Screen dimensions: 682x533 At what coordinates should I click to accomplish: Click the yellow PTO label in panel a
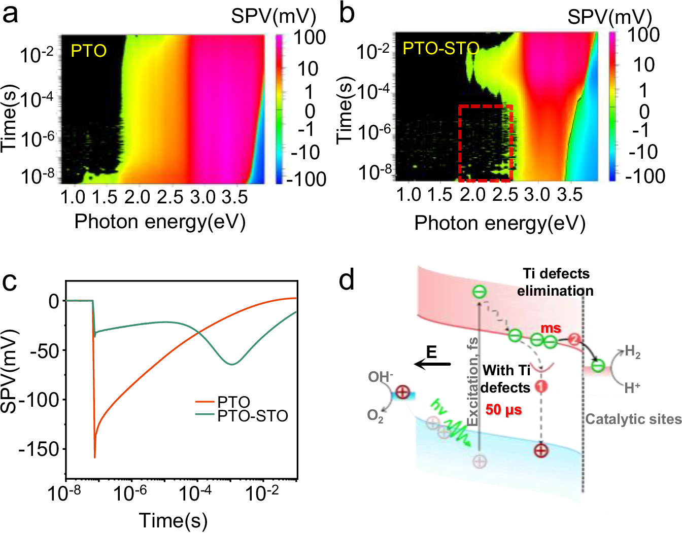[89, 51]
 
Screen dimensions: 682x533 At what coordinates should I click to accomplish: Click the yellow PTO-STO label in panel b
[441, 49]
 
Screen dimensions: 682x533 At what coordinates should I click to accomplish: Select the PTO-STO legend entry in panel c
[242, 416]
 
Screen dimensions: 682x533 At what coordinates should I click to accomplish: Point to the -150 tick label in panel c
[39, 449]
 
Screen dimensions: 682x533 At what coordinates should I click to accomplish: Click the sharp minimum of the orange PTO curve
[94, 457]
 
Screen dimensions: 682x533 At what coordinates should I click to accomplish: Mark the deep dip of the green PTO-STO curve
[231, 364]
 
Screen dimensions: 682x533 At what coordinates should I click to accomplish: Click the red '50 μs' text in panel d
[504, 409]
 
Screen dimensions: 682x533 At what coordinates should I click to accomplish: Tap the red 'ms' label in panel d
[551, 328]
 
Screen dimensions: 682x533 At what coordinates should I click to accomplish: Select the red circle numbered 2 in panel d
[574, 339]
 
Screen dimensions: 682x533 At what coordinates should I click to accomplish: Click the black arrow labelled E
[432, 364]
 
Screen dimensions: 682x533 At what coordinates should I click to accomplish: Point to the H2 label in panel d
[633, 352]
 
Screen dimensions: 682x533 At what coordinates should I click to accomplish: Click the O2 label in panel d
[375, 416]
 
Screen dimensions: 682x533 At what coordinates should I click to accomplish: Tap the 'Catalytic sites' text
[633, 419]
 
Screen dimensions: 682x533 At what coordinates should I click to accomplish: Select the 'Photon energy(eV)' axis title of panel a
[160, 222]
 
